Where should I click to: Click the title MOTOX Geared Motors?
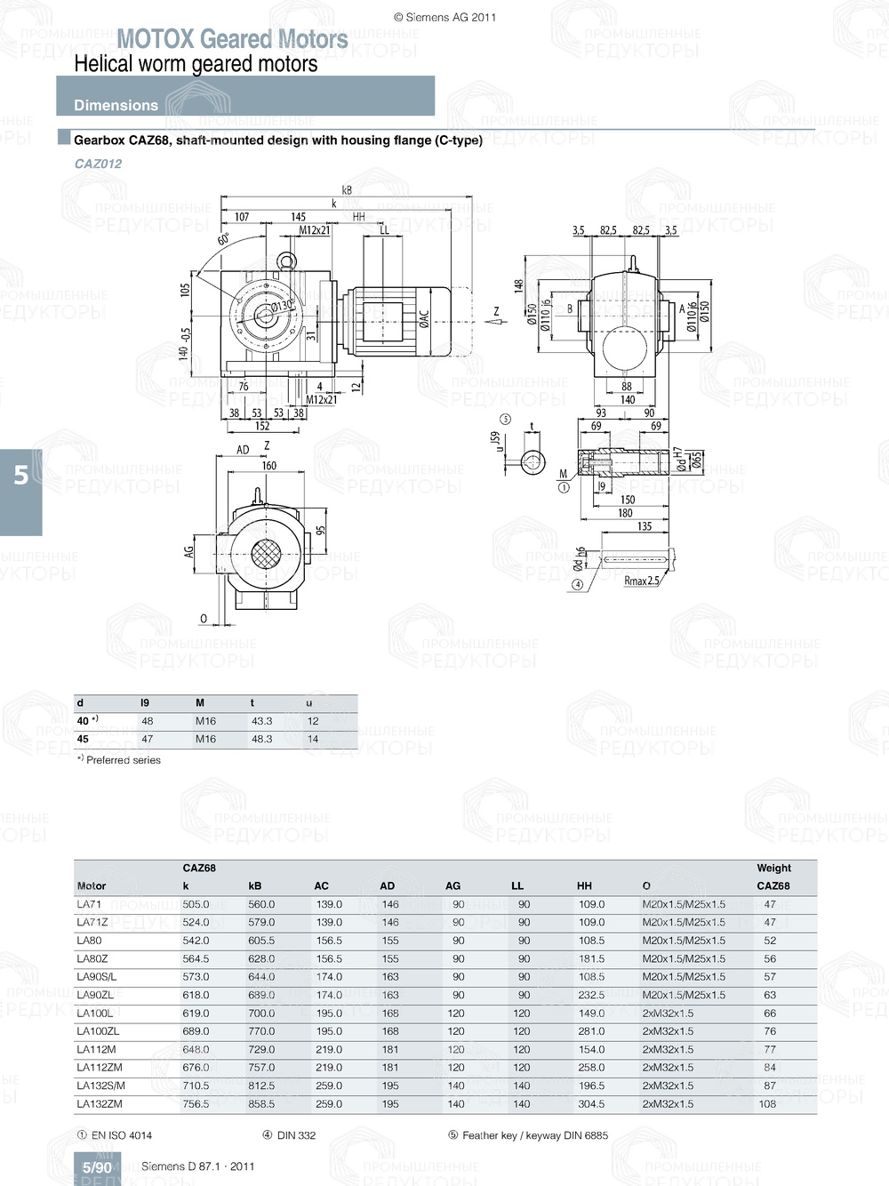tap(232, 39)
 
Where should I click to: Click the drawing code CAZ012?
tap(98, 164)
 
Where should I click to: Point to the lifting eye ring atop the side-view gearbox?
tap(286, 260)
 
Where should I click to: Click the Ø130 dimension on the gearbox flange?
tap(282, 306)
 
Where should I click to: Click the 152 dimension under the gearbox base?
tap(262, 426)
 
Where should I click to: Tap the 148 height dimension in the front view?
tap(518, 285)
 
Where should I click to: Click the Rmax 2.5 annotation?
tap(641, 581)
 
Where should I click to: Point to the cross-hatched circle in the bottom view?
tap(266, 555)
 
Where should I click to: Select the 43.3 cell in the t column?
tap(261, 721)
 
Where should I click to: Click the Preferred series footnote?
tap(123, 760)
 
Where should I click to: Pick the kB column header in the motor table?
tap(255, 885)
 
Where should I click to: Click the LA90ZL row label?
tap(95, 995)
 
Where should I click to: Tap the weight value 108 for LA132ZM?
tap(767, 1103)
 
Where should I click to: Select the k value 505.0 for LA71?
tap(196, 904)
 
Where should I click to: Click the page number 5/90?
tap(97, 1167)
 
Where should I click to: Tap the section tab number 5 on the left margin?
tap(20, 476)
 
